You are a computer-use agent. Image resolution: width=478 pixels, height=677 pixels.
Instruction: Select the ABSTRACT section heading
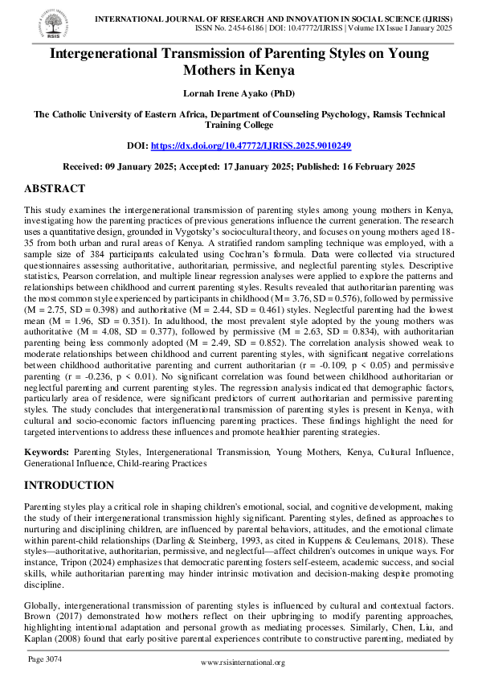click(x=55, y=189)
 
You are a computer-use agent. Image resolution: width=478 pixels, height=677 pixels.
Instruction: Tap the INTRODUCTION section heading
click(x=69, y=486)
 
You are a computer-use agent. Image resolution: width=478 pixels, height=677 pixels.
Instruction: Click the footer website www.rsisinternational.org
click(x=242, y=662)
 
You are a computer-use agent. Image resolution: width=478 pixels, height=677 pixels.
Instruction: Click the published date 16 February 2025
click(x=377, y=166)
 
